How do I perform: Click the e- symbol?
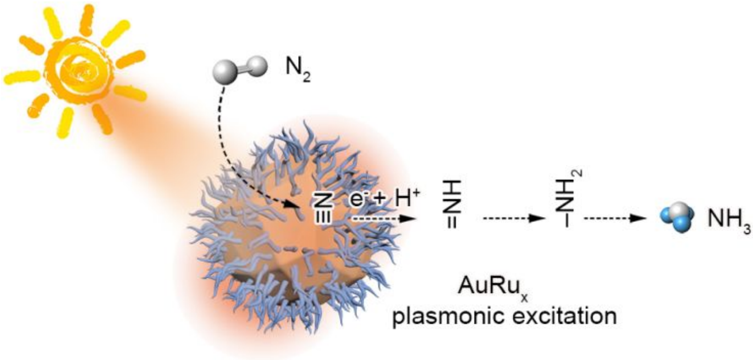(359, 200)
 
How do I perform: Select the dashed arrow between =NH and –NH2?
(514, 219)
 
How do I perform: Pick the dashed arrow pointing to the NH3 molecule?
(615, 219)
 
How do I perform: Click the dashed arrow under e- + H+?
(383, 219)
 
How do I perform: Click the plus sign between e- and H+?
(380, 200)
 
